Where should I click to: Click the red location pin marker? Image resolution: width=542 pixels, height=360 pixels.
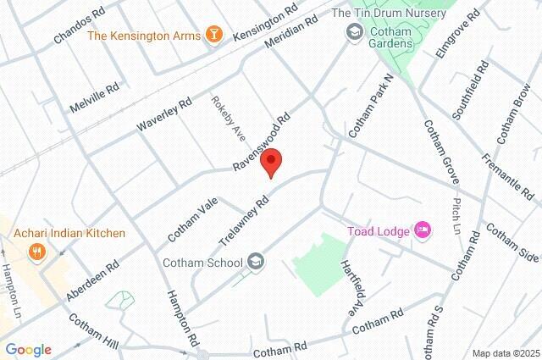pos(271,162)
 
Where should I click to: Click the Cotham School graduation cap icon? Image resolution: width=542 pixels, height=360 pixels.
pos(257,263)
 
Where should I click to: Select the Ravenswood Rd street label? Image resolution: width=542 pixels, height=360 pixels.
pos(263,141)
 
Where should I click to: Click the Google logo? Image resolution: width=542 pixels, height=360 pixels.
pos(28,350)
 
